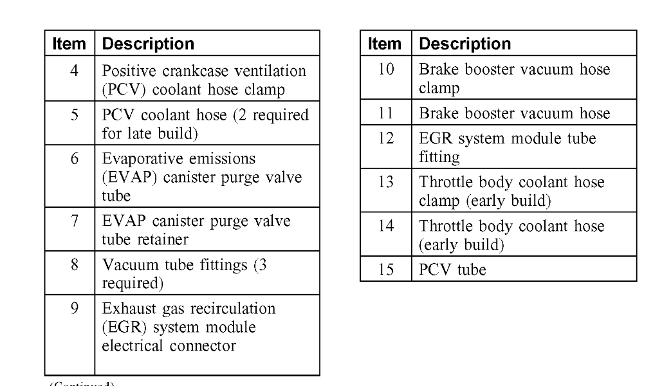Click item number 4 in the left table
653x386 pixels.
[x=74, y=71]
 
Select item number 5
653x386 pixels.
[x=74, y=115]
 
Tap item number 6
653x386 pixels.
[x=74, y=159]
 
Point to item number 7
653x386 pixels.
[x=75, y=221]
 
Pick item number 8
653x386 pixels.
[x=74, y=265]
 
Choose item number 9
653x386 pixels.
[x=74, y=309]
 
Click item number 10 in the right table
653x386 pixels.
[x=385, y=69]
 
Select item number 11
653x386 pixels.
[x=385, y=114]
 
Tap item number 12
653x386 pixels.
[x=385, y=138]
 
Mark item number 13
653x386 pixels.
[x=385, y=182]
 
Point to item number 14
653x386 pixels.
[x=385, y=226]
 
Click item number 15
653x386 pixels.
[x=385, y=270]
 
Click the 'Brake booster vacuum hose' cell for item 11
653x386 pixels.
[x=515, y=114]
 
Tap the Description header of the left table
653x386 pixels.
[x=148, y=44]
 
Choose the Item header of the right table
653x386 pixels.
[x=385, y=44]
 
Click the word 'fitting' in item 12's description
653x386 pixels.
[x=439, y=156]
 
